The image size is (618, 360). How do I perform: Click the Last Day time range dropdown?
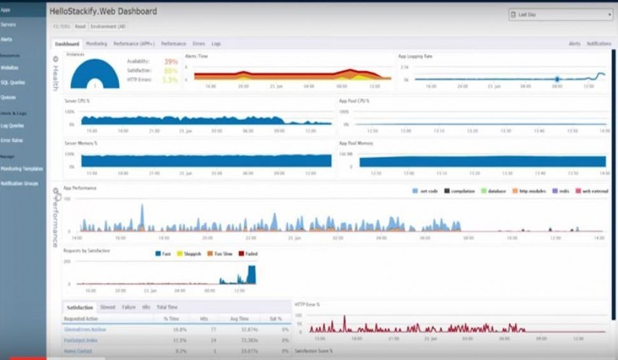point(560,14)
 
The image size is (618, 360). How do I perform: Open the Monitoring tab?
point(96,44)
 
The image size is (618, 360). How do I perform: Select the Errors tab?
point(199,44)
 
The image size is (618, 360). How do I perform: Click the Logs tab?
point(216,44)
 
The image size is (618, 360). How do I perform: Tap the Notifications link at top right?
point(598,44)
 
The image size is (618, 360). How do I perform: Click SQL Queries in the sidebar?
point(13,82)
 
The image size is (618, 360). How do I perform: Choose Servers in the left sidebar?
point(8,24)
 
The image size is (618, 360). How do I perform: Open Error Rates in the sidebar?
point(11,140)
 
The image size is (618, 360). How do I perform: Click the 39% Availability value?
point(171,62)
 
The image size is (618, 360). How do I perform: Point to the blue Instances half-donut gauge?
point(94,75)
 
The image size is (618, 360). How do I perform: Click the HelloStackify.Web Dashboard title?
point(103,11)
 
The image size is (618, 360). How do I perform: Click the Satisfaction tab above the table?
point(80,307)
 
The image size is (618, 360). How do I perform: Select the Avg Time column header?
point(239,318)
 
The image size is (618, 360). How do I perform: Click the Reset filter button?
point(80,26)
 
